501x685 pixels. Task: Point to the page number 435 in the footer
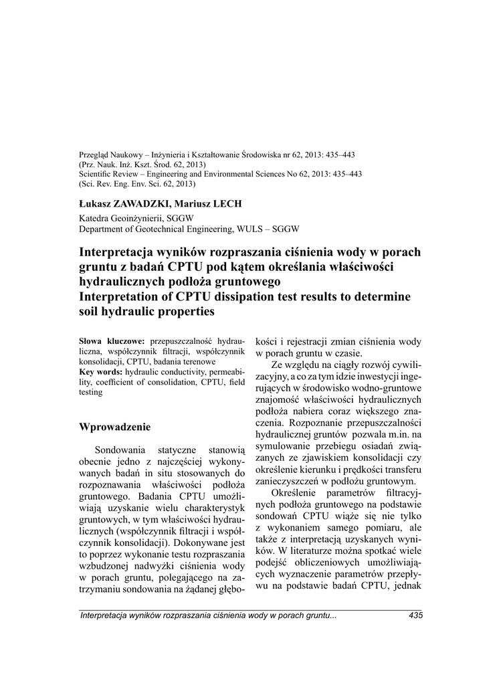click(415, 615)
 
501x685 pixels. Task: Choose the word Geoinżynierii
click(139, 218)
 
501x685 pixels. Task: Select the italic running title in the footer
click(208, 615)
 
